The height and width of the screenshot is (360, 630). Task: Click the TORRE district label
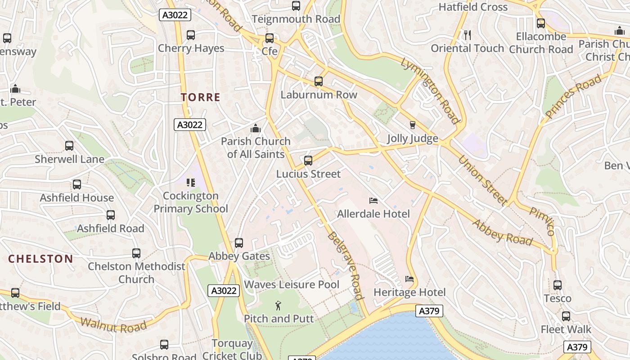pyautogui.click(x=201, y=97)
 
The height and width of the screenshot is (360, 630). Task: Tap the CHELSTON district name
pyautogui.click(x=40, y=259)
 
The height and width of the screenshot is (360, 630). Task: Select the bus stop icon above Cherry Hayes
pyautogui.click(x=191, y=35)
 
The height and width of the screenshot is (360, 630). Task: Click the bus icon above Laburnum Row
pyautogui.click(x=319, y=81)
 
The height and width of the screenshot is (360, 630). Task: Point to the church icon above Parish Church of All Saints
pyautogui.click(x=256, y=128)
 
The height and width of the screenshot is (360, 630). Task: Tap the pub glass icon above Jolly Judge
pyautogui.click(x=412, y=125)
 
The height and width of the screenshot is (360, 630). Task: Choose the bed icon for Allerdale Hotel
pyautogui.click(x=373, y=200)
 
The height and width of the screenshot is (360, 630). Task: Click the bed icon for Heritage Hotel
pyautogui.click(x=409, y=279)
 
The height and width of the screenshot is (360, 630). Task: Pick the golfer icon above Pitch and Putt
pyautogui.click(x=279, y=306)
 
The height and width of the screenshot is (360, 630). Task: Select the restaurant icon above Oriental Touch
pyautogui.click(x=468, y=35)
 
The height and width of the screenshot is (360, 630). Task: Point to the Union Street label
pyautogui.click(x=482, y=180)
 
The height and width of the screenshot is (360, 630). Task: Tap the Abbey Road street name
pyautogui.click(x=502, y=232)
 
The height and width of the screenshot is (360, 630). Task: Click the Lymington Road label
pyautogui.click(x=430, y=90)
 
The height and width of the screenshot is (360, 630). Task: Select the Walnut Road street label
pyautogui.click(x=113, y=324)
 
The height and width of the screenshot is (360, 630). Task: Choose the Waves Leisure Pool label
pyautogui.click(x=292, y=284)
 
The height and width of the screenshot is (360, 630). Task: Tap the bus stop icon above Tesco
pyautogui.click(x=558, y=285)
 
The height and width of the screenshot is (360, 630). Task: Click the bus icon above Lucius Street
pyautogui.click(x=308, y=161)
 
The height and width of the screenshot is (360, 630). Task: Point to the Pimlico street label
pyautogui.click(x=542, y=221)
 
